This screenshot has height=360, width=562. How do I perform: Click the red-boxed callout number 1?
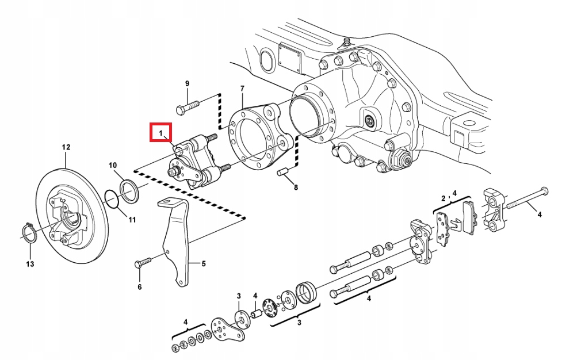pos(162,133)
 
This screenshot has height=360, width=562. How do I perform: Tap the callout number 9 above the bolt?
pos(187,84)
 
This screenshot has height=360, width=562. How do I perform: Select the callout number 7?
pos(242,88)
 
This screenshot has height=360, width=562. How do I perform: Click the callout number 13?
pos(30,264)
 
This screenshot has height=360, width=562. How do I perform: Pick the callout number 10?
pos(113,165)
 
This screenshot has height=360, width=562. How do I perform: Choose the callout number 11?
pos(132,220)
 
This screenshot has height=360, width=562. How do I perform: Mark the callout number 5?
pos(203,264)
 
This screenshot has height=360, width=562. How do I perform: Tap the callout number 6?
pos(139,287)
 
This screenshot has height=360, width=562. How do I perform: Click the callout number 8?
pos(296,187)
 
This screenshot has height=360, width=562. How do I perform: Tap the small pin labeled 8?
pos(284,173)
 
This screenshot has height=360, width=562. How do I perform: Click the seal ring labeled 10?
pos(129,191)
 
